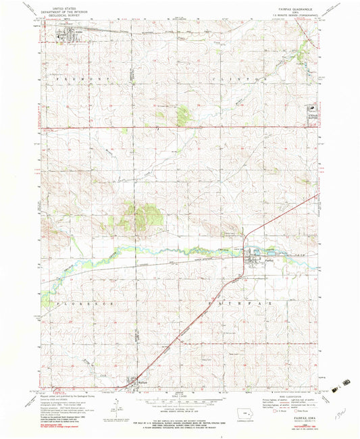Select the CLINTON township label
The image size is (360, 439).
246,79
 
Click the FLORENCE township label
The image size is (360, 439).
88,304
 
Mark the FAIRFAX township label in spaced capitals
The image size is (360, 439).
240,304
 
